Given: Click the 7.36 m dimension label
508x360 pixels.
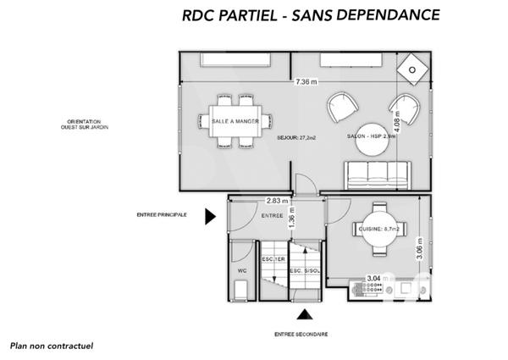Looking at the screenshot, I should (306, 82).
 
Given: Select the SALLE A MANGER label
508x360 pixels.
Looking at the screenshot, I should (235, 121).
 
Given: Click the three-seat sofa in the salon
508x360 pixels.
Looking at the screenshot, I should (378, 174).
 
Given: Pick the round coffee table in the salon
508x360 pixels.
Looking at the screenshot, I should (371, 141).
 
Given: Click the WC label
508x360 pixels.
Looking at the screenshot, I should (241, 271).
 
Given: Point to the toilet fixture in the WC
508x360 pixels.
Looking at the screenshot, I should (241, 253).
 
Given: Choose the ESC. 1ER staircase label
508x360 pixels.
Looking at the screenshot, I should (273, 258).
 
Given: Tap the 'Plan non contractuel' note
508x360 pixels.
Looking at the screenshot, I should (51, 346).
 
